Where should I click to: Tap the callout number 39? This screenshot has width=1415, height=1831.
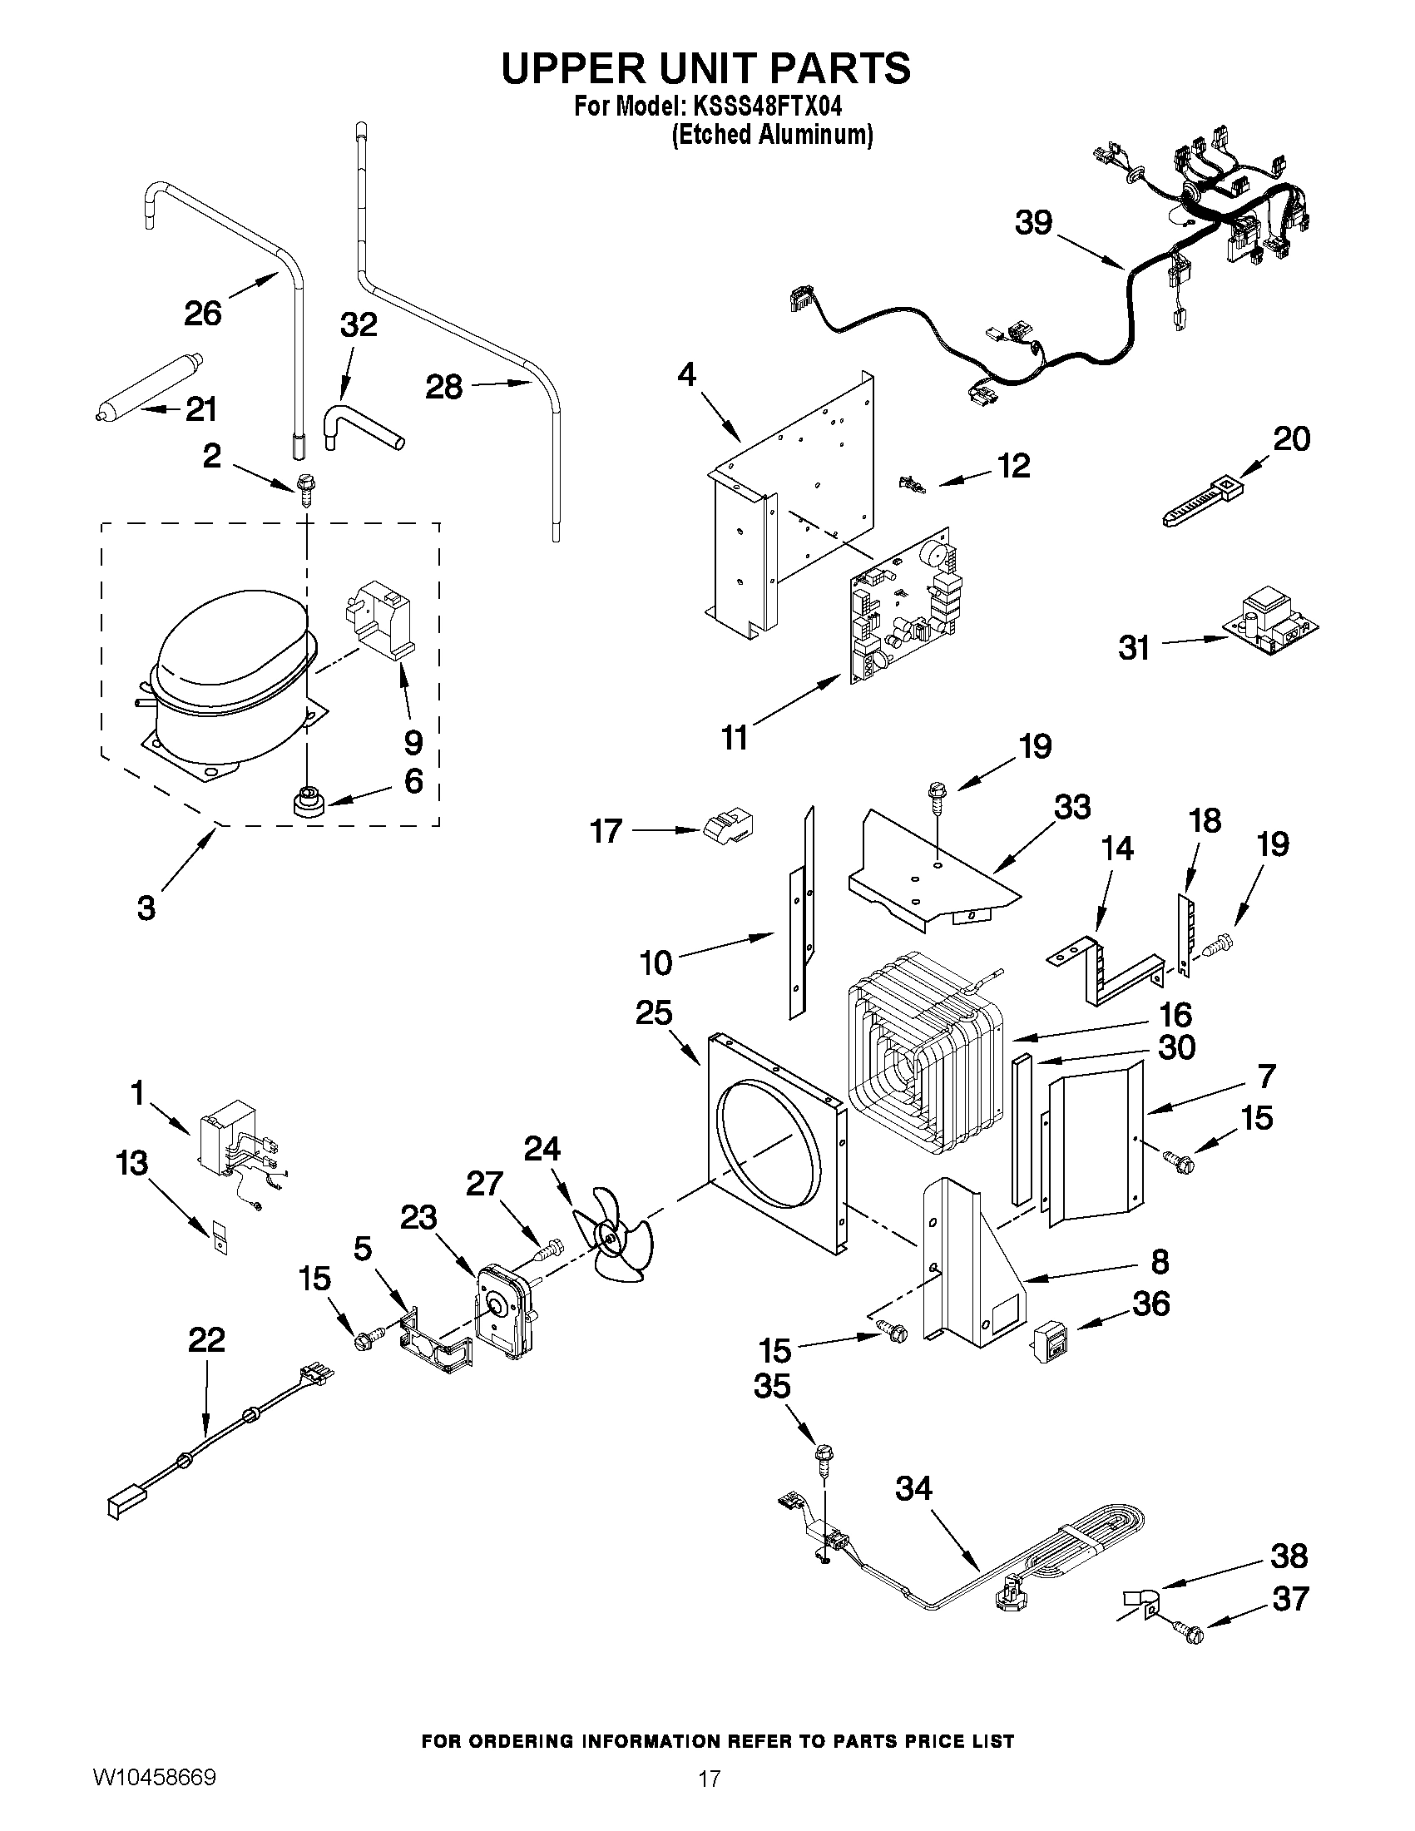(1032, 223)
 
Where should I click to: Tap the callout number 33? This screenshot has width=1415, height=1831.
(1071, 806)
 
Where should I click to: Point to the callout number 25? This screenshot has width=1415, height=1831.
(653, 1012)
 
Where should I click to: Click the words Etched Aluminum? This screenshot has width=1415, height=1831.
(772, 134)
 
